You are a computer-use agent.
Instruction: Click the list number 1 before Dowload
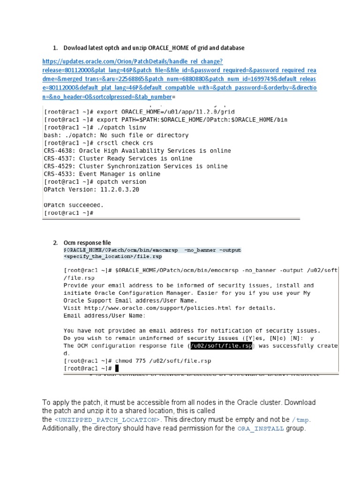click(54, 48)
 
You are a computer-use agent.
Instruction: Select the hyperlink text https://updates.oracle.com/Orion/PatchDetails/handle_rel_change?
click(132, 61)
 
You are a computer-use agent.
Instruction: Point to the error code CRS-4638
click(60, 151)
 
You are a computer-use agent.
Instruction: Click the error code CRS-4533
click(60, 174)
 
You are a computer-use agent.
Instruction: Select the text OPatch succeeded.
click(73, 205)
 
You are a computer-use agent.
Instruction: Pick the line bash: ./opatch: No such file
click(116, 135)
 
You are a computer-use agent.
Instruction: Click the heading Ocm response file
click(87, 243)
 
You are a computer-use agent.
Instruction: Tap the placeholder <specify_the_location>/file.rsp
click(112, 257)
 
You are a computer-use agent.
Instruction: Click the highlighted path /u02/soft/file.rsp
click(221, 346)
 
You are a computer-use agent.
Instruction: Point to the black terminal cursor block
click(117, 369)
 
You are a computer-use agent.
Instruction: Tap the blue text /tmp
click(301, 420)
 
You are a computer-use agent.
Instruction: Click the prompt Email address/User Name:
click(104, 315)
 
